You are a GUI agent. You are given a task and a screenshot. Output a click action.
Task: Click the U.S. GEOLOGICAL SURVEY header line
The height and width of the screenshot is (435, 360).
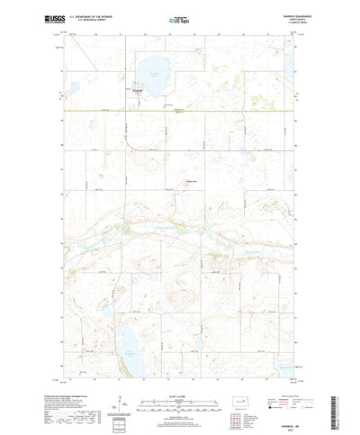(97, 20)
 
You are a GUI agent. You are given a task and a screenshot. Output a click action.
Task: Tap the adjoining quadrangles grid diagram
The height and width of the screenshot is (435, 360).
(263, 403)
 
